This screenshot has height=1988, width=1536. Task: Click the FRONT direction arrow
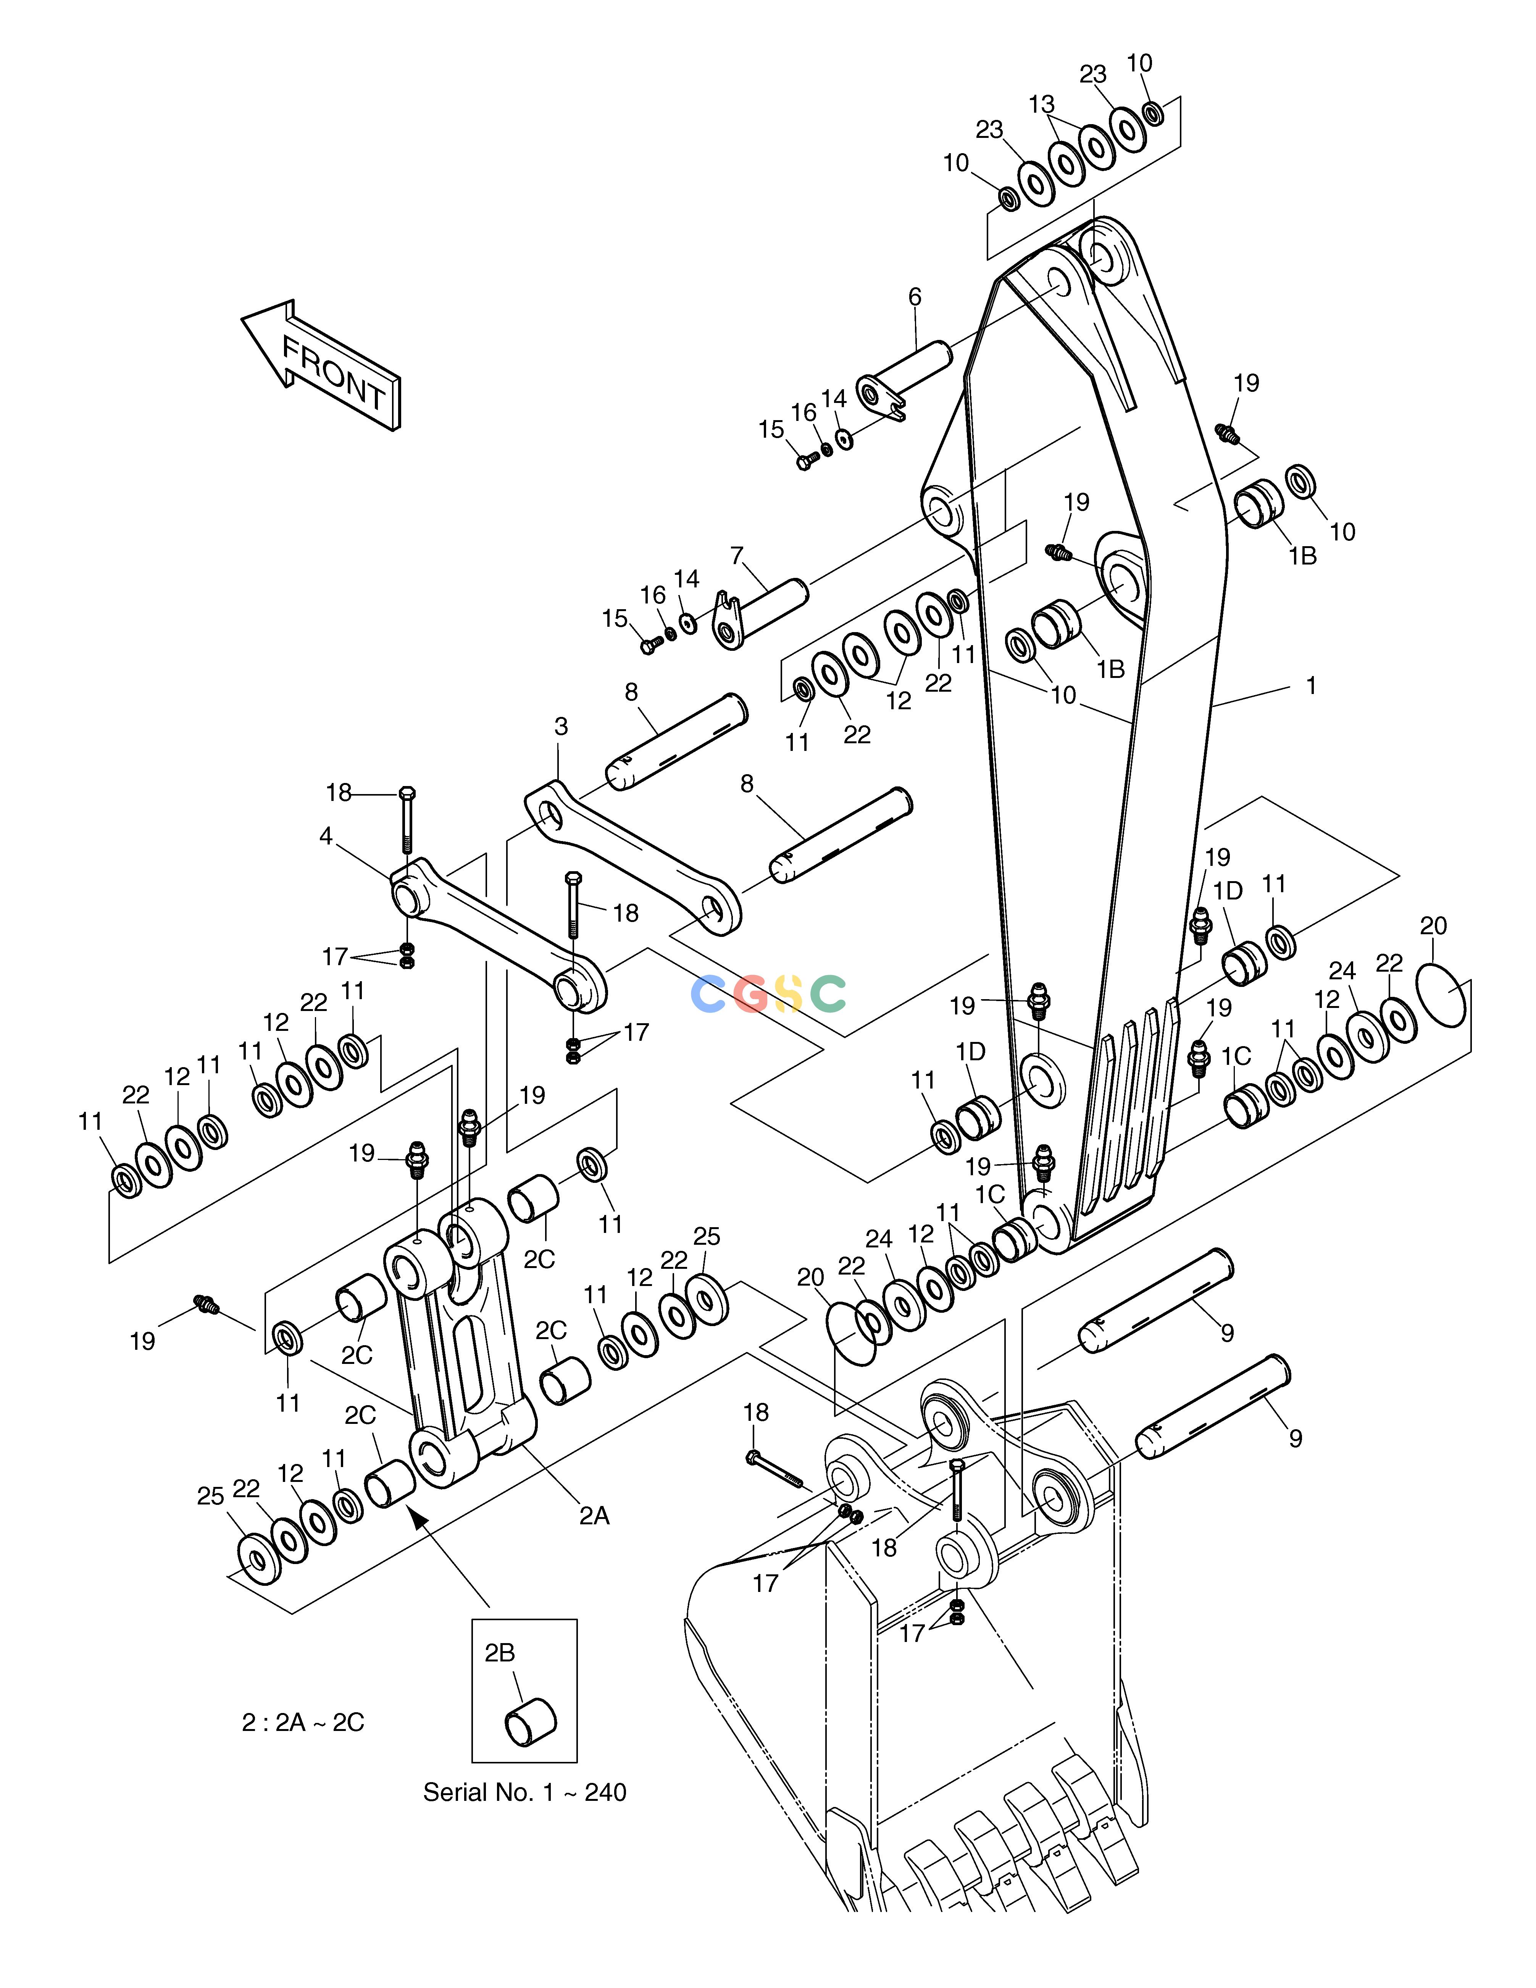(x=320, y=364)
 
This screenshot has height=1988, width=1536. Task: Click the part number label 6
(x=915, y=297)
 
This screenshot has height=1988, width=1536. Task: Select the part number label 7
(x=737, y=555)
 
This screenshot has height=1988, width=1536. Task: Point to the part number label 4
(x=326, y=836)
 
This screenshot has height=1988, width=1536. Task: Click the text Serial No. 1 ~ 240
(x=525, y=1792)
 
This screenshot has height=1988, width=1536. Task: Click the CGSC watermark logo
(x=769, y=993)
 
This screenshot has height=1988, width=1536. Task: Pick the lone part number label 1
(x=1311, y=686)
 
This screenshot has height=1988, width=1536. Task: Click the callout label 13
(x=1042, y=105)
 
